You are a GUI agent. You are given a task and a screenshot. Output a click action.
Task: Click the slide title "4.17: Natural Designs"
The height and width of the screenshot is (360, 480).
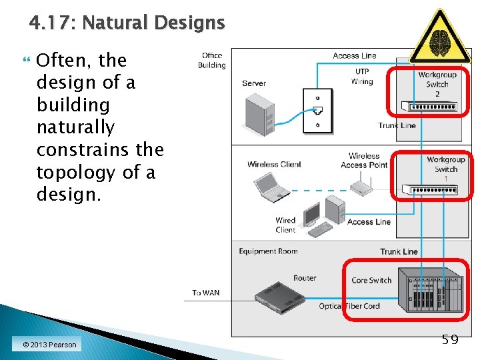pyautogui.click(x=127, y=23)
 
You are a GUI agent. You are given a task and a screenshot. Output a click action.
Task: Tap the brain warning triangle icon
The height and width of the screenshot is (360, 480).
pyautogui.click(x=439, y=39)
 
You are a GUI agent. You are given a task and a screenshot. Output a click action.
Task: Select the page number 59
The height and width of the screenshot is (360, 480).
pyautogui.click(x=451, y=340)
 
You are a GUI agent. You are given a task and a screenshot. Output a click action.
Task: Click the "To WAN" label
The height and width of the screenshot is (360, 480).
pyautogui.click(x=205, y=293)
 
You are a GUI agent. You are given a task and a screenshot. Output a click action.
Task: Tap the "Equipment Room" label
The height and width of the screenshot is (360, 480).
pyautogui.click(x=268, y=251)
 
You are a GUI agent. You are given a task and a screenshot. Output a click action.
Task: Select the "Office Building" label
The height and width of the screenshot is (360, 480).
pyautogui.click(x=211, y=61)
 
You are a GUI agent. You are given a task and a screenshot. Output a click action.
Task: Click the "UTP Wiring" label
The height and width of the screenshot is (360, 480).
pyautogui.click(x=361, y=77)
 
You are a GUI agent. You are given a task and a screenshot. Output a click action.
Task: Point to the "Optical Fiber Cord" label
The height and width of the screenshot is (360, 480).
pyautogui.click(x=349, y=306)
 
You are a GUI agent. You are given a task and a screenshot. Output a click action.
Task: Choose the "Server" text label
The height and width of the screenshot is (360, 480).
pyautogui.click(x=254, y=83)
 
